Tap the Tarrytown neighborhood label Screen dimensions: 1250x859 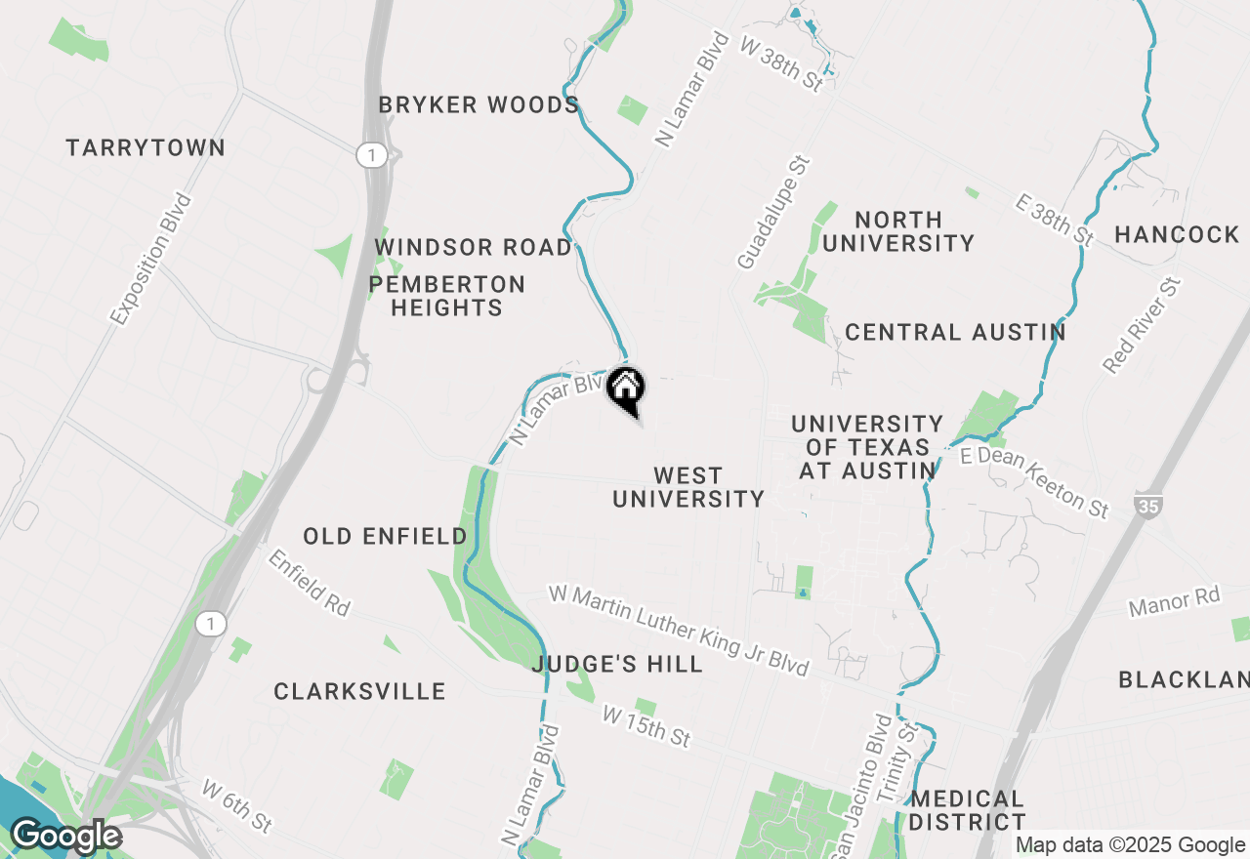coord(146,148)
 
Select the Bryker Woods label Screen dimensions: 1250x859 coord(479,105)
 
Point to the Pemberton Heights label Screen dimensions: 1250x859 coord(446,296)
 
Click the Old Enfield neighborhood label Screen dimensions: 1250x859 coord(385,536)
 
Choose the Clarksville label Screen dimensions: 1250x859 coord(359,692)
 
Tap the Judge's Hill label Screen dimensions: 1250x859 coord(617,665)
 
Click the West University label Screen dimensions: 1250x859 coord(687,487)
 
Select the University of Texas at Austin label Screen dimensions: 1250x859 coord(867,447)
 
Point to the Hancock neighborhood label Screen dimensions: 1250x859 coord(1177,234)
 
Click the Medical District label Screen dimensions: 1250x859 coord(967,810)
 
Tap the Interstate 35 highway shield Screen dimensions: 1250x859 coord(1147,507)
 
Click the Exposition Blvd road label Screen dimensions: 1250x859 coord(151,259)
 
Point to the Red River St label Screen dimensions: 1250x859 coord(1142,325)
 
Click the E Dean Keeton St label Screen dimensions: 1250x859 coord(1035,482)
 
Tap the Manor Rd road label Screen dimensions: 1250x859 coord(1174,601)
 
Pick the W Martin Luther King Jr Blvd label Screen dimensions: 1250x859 coord(679,630)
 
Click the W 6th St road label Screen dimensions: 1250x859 coord(236,805)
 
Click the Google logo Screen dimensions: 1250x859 coord(65,836)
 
